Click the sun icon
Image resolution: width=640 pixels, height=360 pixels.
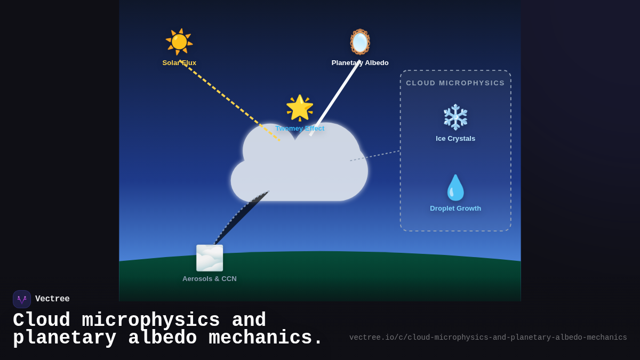click(179, 42)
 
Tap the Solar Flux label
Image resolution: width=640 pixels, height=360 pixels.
click(179, 63)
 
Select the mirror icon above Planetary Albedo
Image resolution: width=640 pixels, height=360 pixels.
click(360, 42)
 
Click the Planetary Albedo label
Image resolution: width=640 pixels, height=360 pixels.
click(360, 63)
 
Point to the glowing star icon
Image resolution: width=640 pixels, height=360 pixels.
click(299, 108)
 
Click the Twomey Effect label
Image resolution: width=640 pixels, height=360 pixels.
click(299, 129)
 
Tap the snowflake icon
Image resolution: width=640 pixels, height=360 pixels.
click(455, 117)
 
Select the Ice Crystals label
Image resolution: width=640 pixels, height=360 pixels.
click(455, 139)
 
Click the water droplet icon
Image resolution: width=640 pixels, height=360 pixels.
click(455, 188)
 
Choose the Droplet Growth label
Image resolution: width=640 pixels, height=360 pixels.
click(455, 209)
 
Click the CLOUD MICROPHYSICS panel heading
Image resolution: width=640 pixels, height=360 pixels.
click(455, 83)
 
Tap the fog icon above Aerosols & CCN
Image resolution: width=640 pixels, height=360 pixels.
click(210, 258)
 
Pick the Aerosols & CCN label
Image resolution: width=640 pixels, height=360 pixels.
click(210, 279)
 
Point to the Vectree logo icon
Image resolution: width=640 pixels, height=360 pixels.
click(22, 299)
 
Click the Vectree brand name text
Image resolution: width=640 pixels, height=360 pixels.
click(52, 299)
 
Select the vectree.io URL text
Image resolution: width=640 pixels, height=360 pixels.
click(488, 338)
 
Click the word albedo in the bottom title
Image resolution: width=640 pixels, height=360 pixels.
click(162, 338)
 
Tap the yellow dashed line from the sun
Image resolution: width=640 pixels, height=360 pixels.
click(229, 101)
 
